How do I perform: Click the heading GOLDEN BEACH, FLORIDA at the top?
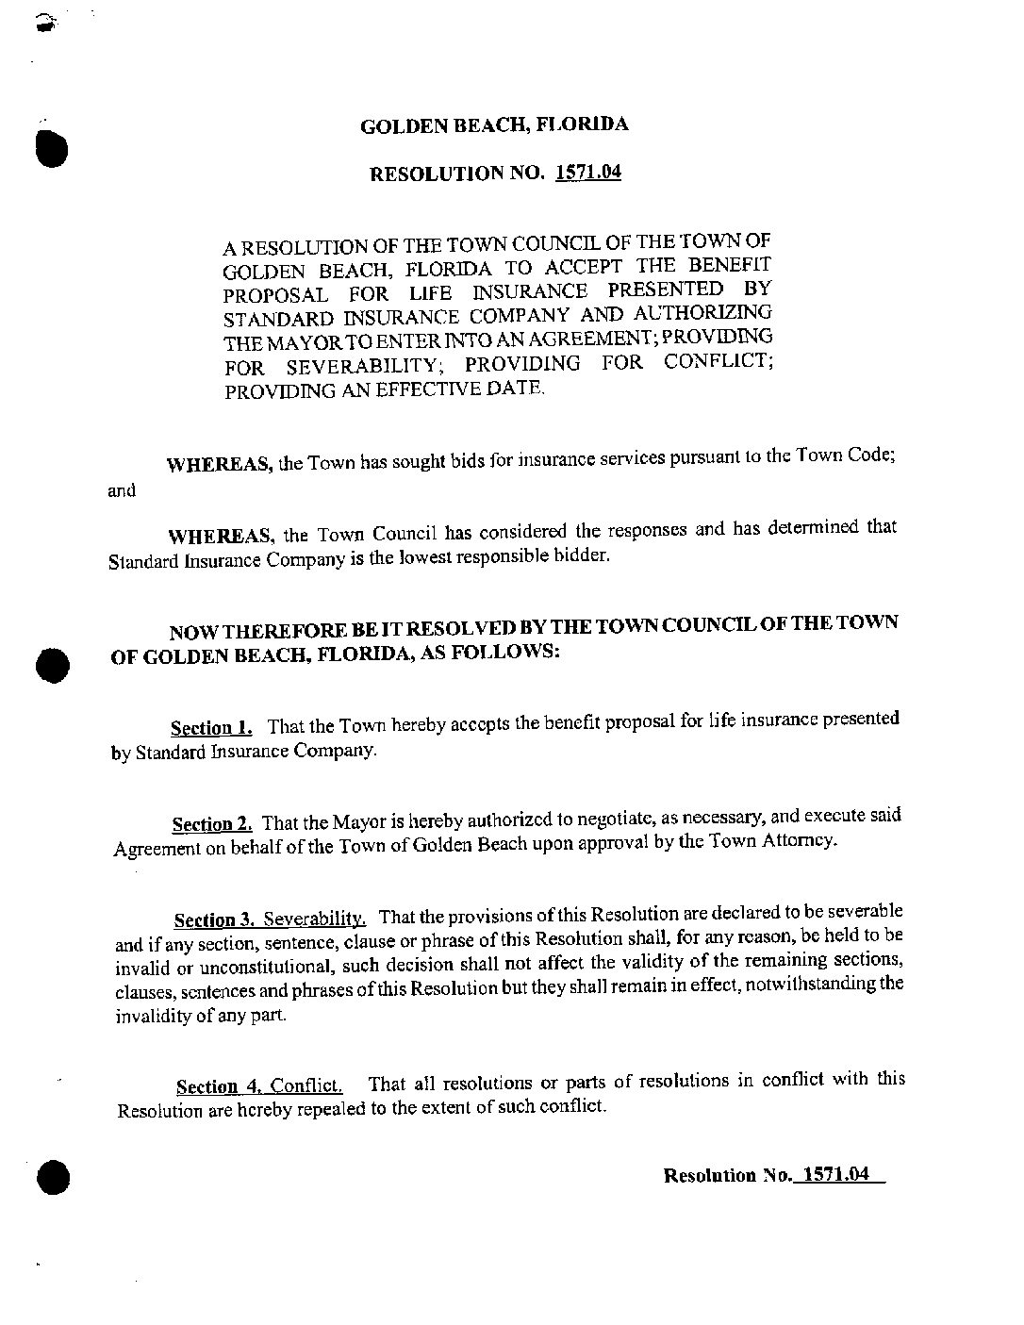pyautogui.click(x=495, y=124)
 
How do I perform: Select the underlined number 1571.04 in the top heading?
pyautogui.click(x=588, y=173)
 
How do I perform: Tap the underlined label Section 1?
pyautogui.click(x=211, y=727)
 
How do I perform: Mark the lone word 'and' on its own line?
pyautogui.click(x=123, y=490)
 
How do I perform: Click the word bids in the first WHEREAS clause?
pyautogui.click(x=473, y=462)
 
